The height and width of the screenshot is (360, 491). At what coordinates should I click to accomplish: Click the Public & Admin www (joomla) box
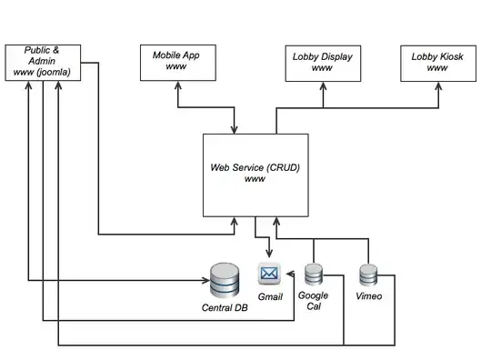click(x=43, y=61)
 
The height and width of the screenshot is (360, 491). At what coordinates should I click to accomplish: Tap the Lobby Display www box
click(x=322, y=61)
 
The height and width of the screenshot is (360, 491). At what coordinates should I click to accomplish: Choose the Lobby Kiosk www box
click(x=436, y=61)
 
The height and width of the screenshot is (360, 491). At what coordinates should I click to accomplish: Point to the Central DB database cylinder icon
click(x=224, y=280)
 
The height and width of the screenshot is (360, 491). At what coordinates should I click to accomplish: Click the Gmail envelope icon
click(x=269, y=273)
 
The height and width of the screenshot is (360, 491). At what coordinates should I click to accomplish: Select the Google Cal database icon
click(x=315, y=275)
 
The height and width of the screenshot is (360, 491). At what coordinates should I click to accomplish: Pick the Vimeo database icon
click(x=368, y=275)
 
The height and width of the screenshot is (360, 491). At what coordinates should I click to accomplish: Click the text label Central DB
click(x=224, y=308)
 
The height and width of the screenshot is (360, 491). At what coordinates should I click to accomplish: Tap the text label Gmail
click(x=271, y=297)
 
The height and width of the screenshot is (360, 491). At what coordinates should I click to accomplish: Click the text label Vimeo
click(x=368, y=297)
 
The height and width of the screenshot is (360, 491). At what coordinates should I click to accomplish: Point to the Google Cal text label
click(x=314, y=301)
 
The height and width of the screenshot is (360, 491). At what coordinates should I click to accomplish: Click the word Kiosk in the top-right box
click(x=447, y=56)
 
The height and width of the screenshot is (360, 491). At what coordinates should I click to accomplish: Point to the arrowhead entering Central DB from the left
click(x=203, y=280)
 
